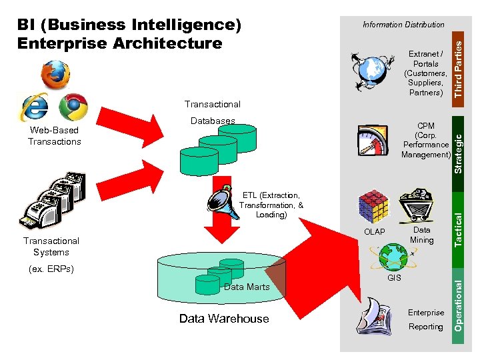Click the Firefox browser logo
(x=55, y=75)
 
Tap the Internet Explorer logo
(x=35, y=107)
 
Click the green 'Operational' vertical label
(x=459, y=303)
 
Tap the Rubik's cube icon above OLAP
(x=373, y=207)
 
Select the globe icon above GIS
(x=394, y=255)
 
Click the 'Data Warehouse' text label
(x=224, y=319)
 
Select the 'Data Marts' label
(x=247, y=287)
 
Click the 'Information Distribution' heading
(x=403, y=25)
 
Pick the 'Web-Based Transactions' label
(x=55, y=136)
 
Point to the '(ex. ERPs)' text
(x=51, y=269)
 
